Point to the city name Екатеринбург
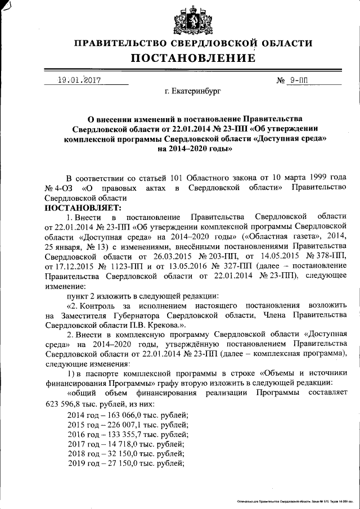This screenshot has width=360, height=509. point(193,90)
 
